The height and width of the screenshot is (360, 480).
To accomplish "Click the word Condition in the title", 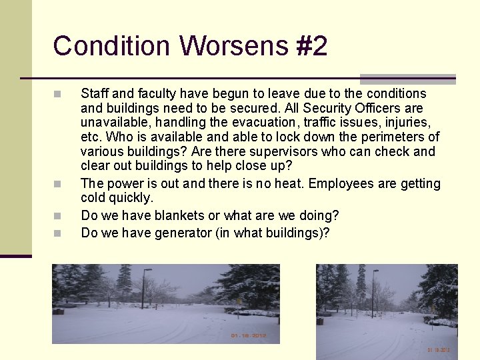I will tap(111, 46).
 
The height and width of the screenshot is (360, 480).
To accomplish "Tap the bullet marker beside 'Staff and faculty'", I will tap(57, 94).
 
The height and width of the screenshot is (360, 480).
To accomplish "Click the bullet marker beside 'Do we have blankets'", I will tap(57, 216).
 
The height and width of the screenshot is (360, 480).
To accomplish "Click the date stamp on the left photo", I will tap(248, 335).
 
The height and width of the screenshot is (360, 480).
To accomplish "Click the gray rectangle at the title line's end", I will tap(407, 79).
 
